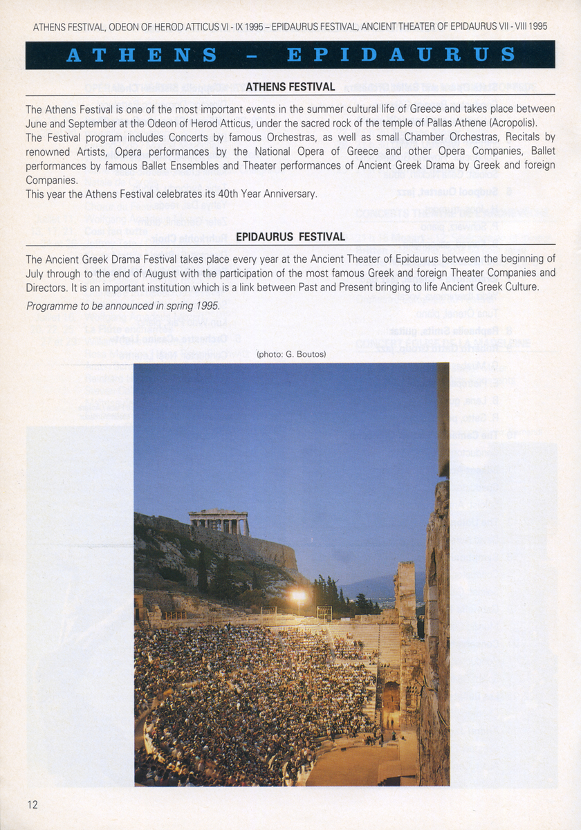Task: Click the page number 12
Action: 33,804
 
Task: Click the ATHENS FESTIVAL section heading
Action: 290,87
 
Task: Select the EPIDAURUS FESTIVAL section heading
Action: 290,237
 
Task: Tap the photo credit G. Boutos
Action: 290,355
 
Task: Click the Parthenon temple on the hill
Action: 219,522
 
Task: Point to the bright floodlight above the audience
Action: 298,595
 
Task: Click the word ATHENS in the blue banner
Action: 141,55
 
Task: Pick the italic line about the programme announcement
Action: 123,306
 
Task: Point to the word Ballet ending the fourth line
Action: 539,151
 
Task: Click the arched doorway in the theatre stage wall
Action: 391,698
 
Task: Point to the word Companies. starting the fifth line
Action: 50,180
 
